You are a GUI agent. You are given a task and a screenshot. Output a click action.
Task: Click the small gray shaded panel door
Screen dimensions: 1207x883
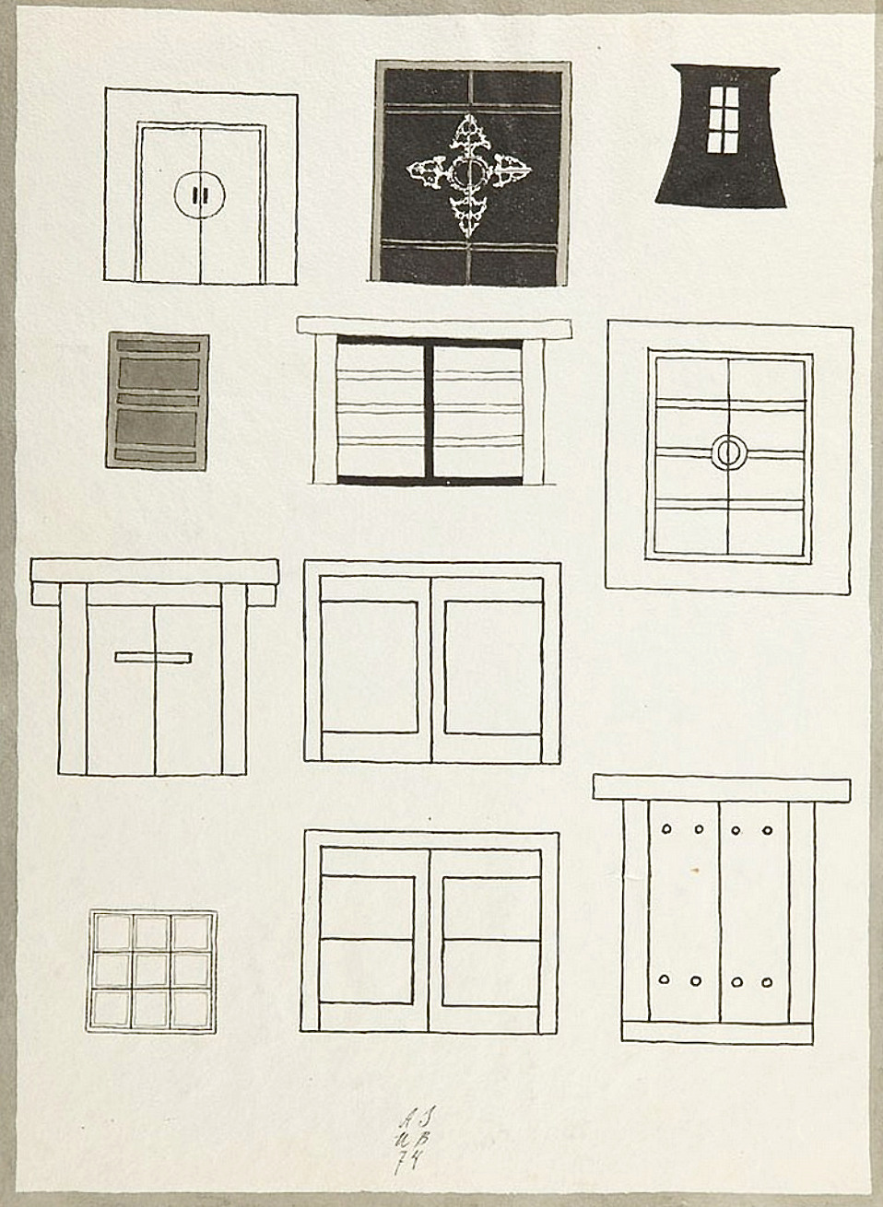tap(158, 401)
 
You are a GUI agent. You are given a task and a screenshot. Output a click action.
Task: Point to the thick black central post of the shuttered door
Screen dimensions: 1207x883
tap(430, 411)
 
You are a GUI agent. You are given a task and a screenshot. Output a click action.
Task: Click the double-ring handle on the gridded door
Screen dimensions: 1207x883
tap(728, 452)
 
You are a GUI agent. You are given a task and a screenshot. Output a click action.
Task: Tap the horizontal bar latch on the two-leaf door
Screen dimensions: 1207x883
tap(153, 657)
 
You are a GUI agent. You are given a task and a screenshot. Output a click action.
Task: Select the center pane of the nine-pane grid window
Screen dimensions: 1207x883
tap(152, 971)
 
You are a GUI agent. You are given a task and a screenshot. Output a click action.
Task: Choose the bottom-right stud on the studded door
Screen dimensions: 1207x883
tap(767, 982)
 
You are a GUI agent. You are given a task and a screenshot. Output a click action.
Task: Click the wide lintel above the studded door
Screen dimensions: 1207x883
tap(721, 788)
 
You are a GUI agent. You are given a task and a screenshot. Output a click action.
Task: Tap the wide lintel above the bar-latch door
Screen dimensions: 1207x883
tap(154, 570)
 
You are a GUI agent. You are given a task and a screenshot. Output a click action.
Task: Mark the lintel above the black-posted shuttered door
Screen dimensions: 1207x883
tap(433, 327)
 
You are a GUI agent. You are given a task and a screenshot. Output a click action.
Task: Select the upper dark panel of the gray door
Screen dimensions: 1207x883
tap(158, 374)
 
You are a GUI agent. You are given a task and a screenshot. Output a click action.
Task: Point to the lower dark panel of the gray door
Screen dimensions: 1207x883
tap(158, 428)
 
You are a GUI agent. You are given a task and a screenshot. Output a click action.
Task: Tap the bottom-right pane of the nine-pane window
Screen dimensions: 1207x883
tap(193, 1009)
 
